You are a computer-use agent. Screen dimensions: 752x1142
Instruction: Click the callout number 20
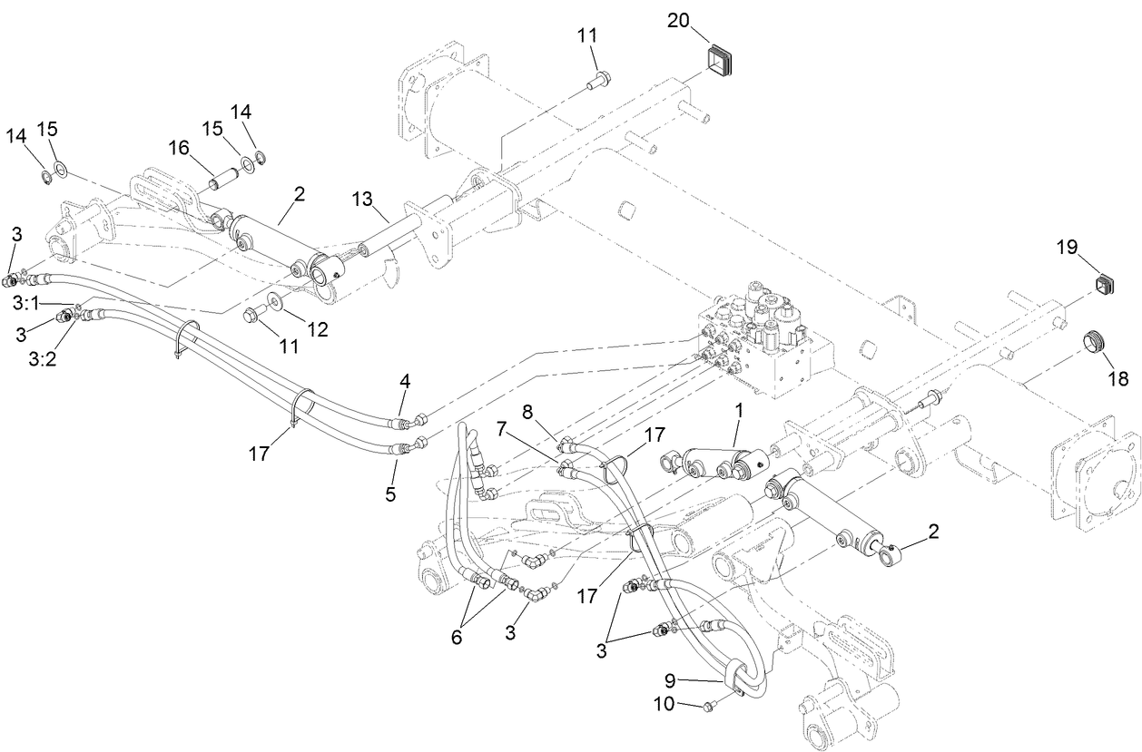tap(678, 19)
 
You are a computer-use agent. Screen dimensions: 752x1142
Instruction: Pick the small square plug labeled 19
tap(1101, 285)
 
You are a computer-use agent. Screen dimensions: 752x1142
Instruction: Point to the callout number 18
tap(1116, 378)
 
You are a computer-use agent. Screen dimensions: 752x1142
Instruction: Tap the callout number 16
tap(178, 147)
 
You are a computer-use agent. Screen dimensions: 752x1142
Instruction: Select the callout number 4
tap(405, 382)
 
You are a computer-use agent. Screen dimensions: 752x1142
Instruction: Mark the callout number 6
tap(456, 637)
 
